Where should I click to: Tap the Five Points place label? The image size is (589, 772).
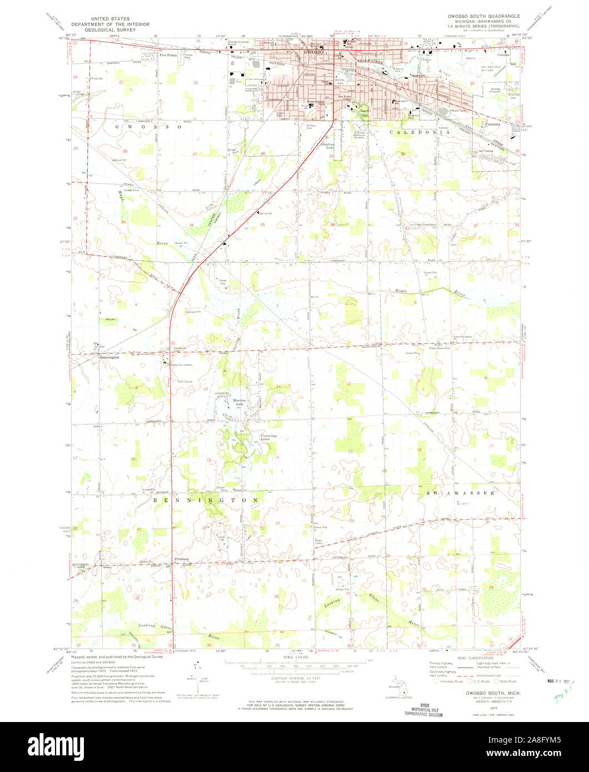tap(167, 55)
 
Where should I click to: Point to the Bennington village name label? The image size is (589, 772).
tap(109, 358)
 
